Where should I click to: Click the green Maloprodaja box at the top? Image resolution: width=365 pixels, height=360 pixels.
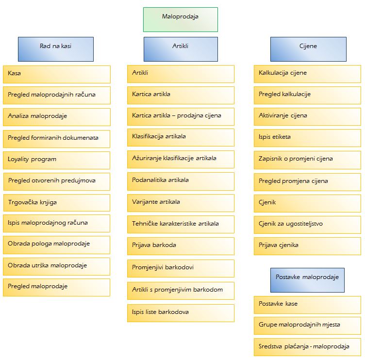[x=181, y=19]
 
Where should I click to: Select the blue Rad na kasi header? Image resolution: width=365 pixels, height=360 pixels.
[x=56, y=49]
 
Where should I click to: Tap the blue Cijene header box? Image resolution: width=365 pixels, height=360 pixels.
[x=308, y=49]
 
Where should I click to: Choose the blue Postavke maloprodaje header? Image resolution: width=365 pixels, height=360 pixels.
[x=307, y=280]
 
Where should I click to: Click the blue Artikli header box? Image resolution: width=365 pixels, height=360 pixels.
[x=181, y=49]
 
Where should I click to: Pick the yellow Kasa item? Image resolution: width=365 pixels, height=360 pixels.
[x=57, y=74]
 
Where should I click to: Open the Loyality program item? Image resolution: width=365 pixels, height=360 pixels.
[x=56, y=160]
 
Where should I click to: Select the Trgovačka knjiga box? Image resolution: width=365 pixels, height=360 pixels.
[x=57, y=203]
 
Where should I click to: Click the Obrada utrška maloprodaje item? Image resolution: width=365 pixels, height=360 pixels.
[x=56, y=266]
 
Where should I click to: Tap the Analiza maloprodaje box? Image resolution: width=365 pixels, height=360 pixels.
[x=57, y=117]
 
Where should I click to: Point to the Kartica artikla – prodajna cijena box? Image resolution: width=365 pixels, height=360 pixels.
[x=181, y=116]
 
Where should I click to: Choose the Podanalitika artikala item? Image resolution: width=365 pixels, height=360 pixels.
[x=181, y=181]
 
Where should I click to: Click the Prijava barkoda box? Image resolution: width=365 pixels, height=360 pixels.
[x=181, y=246]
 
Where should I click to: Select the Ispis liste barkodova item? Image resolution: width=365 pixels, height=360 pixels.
[x=181, y=313]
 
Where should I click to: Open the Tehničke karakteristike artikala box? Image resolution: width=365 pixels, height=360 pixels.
[x=181, y=224]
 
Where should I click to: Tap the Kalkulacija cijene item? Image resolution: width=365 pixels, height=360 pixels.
[x=307, y=74]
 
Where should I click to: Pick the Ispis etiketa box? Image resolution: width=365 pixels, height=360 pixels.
[x=307, y=138]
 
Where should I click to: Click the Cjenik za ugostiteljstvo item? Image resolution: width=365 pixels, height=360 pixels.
[x=307, y=225]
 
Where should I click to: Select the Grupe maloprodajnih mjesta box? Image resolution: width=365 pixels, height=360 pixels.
[x=307, y=326]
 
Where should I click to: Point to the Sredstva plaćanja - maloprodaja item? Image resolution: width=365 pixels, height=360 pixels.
[x=307, y=347]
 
